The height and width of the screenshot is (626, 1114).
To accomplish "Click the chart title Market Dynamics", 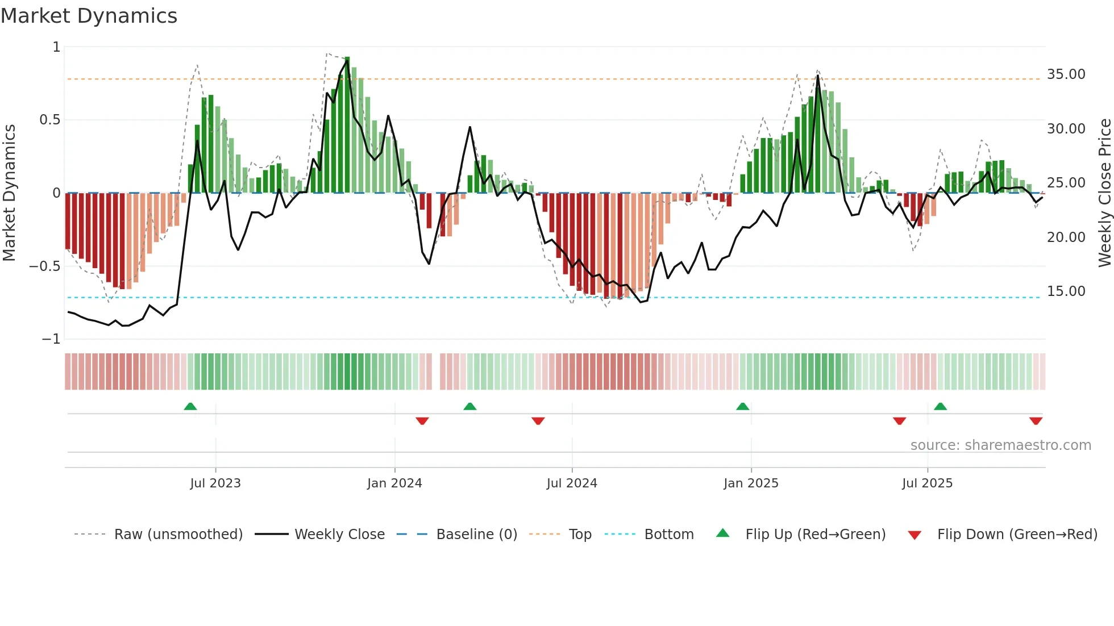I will click(89, 16).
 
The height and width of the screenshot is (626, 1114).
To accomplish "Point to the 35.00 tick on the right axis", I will click(1066, 74).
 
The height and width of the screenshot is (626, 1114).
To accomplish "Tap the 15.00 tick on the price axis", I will click(1066, 291).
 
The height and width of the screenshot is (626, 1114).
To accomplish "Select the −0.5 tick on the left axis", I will click(44, 266).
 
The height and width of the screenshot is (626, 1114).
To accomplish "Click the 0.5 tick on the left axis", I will click(49, 120).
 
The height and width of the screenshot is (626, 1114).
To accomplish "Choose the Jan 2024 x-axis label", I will click(394, 483).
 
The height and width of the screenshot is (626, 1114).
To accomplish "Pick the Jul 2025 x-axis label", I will click(927, 483).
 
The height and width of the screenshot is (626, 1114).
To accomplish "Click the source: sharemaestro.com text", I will click(1000, 445).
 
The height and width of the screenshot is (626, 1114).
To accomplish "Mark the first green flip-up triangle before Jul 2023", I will click(190, 407).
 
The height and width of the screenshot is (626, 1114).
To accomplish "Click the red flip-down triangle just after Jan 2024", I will click(422, 421).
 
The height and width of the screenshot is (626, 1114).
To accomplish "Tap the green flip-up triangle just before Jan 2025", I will click(742, 407).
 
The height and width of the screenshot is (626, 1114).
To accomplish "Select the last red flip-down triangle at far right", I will click(1036, 421).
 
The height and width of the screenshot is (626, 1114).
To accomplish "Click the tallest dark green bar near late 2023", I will click(347, 125).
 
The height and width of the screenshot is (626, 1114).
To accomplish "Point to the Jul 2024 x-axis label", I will click(572, 483).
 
